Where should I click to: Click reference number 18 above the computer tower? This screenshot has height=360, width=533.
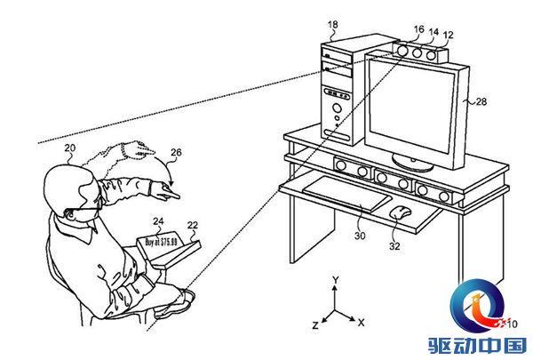point(333,24)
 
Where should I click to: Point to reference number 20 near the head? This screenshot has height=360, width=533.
point(70,148)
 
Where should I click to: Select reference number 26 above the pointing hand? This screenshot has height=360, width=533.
point(176,153)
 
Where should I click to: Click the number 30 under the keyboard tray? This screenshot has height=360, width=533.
point(360,236)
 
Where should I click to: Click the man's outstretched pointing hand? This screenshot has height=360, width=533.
point(167,188)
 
